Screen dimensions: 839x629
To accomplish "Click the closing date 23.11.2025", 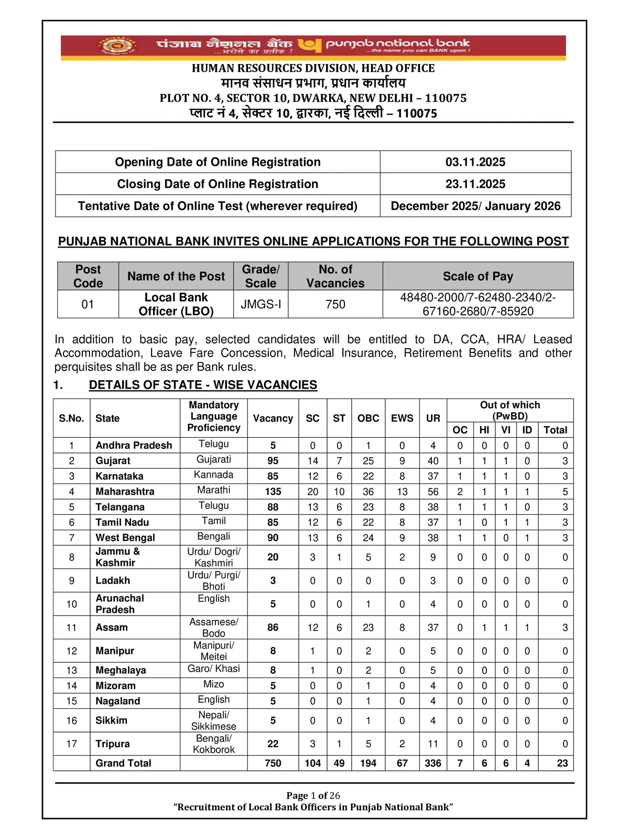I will coord(475,184).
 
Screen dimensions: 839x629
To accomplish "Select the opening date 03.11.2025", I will coord(475,162).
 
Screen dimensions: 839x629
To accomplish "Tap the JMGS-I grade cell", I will coord(261,304).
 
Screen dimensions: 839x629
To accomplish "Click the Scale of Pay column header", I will coord(478,276).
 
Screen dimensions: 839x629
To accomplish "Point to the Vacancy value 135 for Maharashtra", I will coord(273,491).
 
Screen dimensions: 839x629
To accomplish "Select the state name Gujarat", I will coord(113,460).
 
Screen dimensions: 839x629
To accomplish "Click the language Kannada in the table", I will coord(214,475).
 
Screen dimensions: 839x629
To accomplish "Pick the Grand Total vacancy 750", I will coord(273,763).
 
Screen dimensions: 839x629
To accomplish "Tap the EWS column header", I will coord(402,418).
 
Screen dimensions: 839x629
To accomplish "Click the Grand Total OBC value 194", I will coord(368,763).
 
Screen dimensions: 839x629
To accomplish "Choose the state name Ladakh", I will coord(113,580).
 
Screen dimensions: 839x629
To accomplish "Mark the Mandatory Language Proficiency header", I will coord(214,416).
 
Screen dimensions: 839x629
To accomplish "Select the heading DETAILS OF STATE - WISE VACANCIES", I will coord(203,385).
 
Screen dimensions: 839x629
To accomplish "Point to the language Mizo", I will coord(214,684).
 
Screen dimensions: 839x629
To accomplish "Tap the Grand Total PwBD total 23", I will coord(562,763).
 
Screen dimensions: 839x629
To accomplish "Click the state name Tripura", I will coord(113,744).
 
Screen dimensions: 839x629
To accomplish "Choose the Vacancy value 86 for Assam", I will coord(273,627).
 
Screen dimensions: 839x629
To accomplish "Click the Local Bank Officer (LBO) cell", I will coord(176,304).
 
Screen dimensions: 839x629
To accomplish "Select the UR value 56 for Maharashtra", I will coord(433,491).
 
